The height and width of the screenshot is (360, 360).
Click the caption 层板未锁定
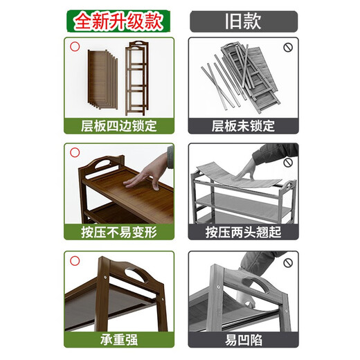click(242, 126)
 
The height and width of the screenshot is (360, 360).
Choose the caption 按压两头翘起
click(242, 232)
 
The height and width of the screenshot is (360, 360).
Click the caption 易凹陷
click(242, 339)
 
